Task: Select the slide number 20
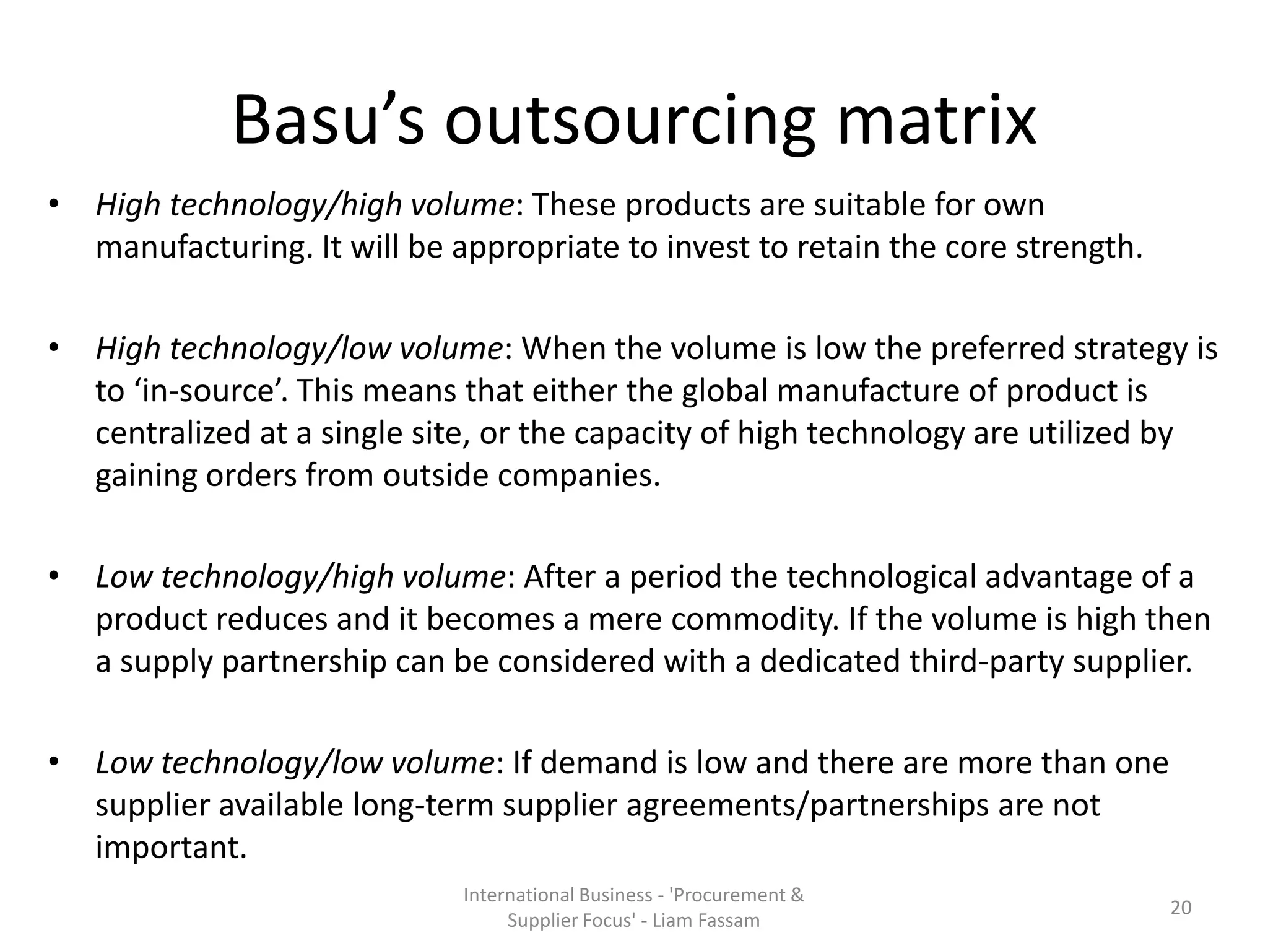1181,908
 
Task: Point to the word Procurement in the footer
731,895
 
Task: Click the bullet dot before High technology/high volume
54,204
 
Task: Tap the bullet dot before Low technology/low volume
54,762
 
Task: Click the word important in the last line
171,847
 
